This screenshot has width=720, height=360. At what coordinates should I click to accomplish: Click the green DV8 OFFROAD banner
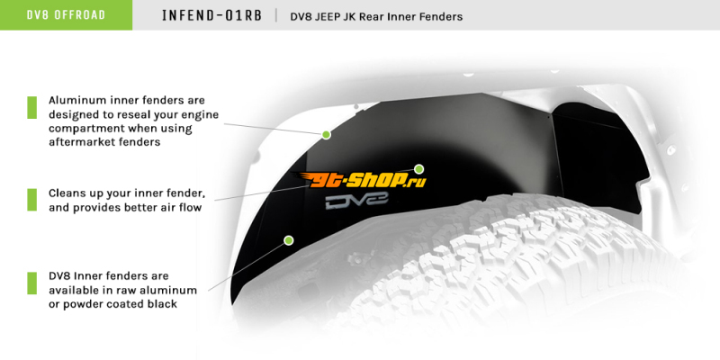click(66, 14)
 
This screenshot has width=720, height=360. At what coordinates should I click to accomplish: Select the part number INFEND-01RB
click(211, 15)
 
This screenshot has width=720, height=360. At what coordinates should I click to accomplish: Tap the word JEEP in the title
click(318, 17)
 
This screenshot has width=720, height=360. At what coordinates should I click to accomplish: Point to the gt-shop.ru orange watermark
click(360, 179)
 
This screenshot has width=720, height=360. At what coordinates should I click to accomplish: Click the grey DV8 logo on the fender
click(356, 201)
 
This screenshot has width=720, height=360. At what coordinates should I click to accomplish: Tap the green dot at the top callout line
click(326, 134)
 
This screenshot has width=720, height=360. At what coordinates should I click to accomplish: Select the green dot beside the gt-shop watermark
click(418, 168)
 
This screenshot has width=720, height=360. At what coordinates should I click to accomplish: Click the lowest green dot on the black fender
click(288, 239)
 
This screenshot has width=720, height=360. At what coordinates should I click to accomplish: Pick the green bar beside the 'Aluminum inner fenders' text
click(31, 107)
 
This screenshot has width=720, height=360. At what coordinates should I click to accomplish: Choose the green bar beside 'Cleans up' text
click(31, 200)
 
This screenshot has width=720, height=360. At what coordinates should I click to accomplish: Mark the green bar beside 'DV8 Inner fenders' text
click(31, 283)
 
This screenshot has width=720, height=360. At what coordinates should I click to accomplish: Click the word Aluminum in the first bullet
click(77, 100)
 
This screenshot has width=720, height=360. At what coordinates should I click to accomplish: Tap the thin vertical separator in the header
click(276, 15)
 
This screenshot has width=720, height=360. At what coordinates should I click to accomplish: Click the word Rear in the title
click(372, 17)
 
